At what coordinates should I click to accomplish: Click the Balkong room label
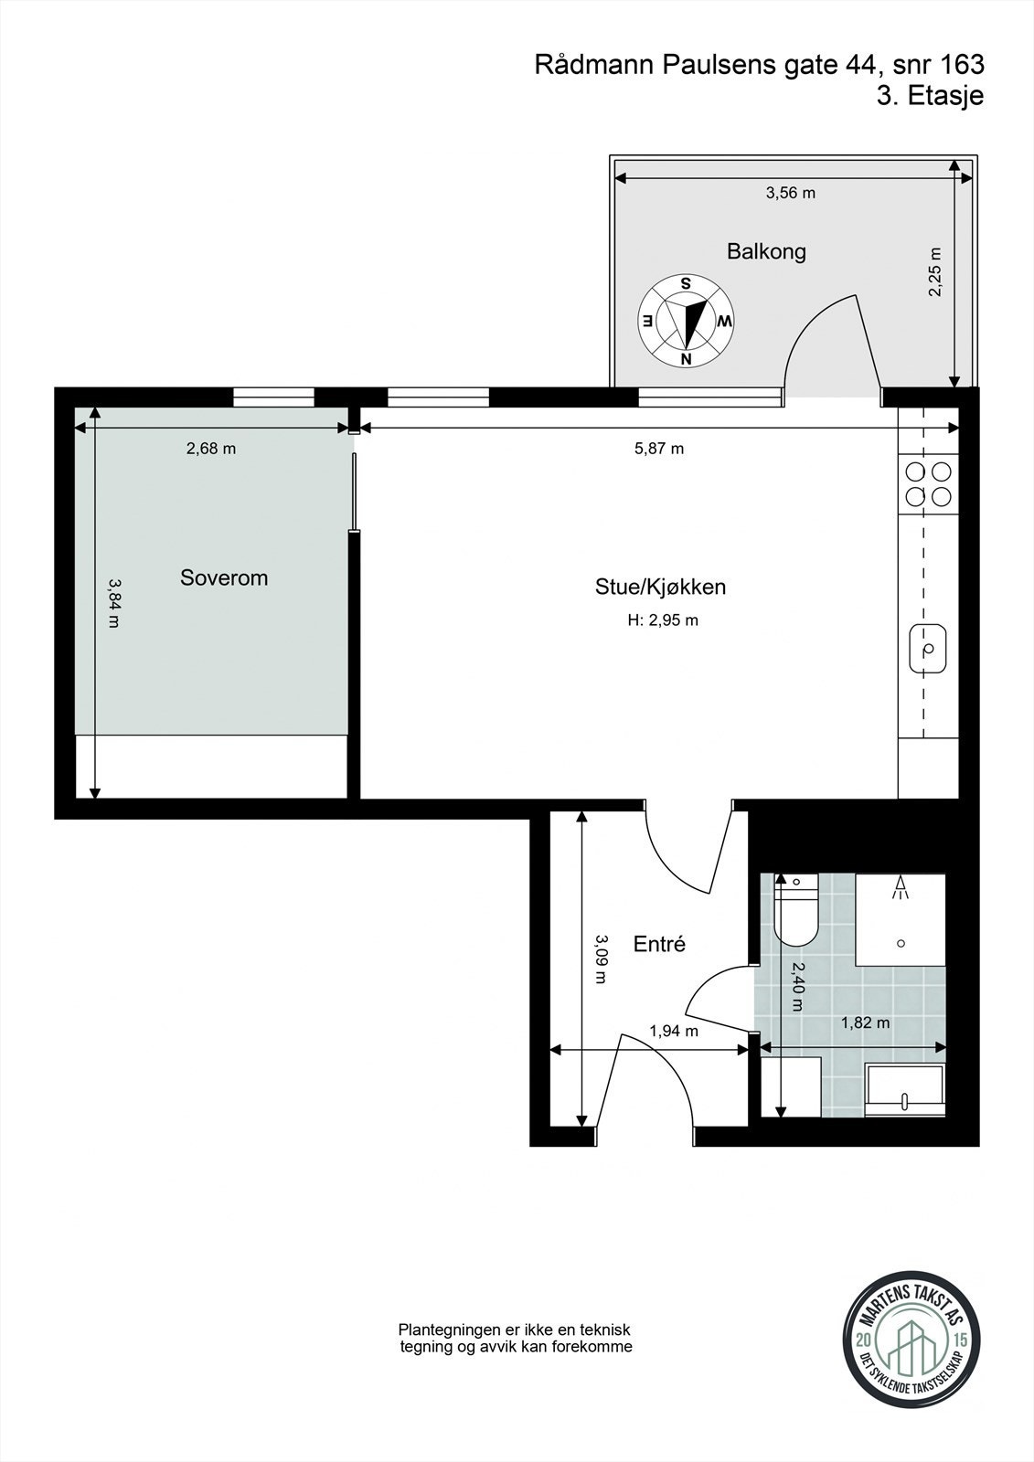click(766, 251)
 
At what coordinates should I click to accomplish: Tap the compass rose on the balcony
click(686, 321)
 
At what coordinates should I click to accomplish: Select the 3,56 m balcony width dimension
click(790, 193)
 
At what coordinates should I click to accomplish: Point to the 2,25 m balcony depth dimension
click(934, 272)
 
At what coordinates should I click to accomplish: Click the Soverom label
click(224, 577)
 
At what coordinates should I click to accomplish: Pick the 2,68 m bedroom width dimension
click(211, 449)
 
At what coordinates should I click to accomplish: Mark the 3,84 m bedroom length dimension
click(113, 602)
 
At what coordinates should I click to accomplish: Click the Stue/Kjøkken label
click(660, 587)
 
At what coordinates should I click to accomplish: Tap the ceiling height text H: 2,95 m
click(663, 620)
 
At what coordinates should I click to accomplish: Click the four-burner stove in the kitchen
click(928, 484)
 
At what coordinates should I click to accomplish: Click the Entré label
click(659, 944)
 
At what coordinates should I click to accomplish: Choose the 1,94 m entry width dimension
click(674, 1032)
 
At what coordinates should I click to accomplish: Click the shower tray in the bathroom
click(900, 919)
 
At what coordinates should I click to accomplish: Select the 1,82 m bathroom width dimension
click(865, 1023)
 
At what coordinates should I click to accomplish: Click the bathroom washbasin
click(904, 1091)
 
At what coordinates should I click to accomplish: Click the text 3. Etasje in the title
click(930, 96)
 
